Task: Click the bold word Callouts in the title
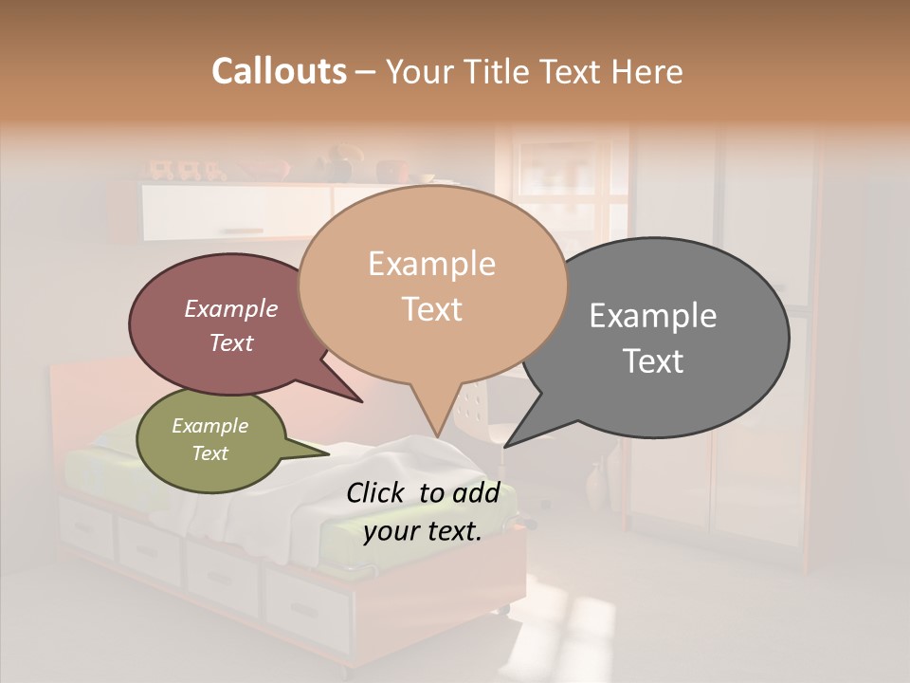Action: (279, 71)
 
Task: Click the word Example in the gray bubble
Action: (653, 315)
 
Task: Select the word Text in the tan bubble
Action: (432, 309)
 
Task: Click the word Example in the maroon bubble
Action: (231, 308)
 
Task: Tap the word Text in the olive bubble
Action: (210, 453)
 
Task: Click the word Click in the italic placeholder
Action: (377, 492)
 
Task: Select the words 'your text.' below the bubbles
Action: (423, 531)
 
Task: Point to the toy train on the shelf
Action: (185, 172)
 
